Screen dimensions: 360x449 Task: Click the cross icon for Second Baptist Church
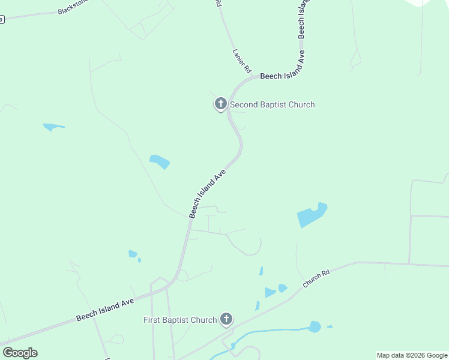click(x=220, y=104)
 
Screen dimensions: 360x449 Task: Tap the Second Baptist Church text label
click(x=273, y=104)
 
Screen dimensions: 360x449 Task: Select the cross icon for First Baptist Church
click(x=226, y=319)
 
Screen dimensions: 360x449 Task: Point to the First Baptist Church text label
click(x=180, y=320)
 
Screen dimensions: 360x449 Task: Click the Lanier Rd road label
click(x=241, y=61)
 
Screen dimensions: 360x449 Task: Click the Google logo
click(x=20, y=353)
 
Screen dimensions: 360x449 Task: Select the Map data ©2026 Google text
click(x=412, y=355)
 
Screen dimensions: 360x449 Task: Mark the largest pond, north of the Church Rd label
click(x=312, y=215)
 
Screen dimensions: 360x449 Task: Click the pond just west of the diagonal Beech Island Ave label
click(x=160, y=161)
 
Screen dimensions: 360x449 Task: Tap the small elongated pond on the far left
click(x=53, y=127)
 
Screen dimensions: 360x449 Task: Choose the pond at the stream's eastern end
click(x=315, y=326)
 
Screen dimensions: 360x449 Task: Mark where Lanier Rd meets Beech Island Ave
click(x=252, y=77)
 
